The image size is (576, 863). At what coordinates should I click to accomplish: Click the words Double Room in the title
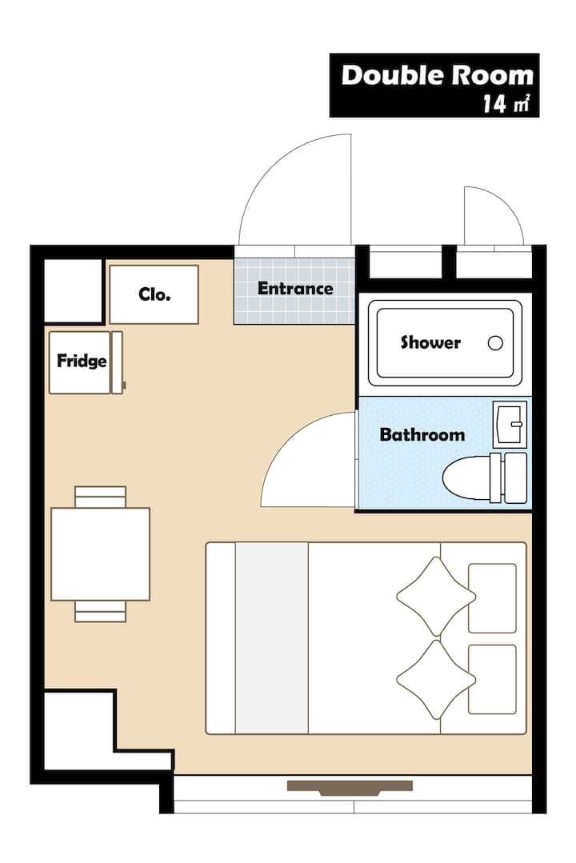[438, 75]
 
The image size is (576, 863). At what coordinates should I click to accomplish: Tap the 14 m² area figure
[506, 103]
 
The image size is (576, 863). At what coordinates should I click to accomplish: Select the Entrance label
[295, 289]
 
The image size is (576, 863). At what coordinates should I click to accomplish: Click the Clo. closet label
[154, 294]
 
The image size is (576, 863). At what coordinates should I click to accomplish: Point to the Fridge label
[82, 361]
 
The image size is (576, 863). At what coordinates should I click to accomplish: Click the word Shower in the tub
[430, 342]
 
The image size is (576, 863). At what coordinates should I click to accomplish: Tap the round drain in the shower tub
[495, 343]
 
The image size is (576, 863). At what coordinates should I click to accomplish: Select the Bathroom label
[422, 434]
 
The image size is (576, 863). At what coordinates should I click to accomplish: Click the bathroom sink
[510, 424]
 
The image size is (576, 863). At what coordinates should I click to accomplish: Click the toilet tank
[515, 477]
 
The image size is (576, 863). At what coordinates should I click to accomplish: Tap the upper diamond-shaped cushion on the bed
[435, 597]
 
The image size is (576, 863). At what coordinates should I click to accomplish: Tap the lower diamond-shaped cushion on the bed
[435, 679]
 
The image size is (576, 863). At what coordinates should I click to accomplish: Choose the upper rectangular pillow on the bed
[492, 598]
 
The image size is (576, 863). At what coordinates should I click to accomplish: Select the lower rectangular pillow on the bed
[492, 679]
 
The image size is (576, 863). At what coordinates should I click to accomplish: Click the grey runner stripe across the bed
[271, 638]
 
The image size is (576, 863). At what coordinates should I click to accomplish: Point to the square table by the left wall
[100, 553]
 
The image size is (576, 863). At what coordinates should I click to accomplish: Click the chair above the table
[100, 497]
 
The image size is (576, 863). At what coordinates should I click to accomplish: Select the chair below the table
[100, 612]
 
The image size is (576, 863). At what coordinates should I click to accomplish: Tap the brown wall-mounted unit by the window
[350, 788]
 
